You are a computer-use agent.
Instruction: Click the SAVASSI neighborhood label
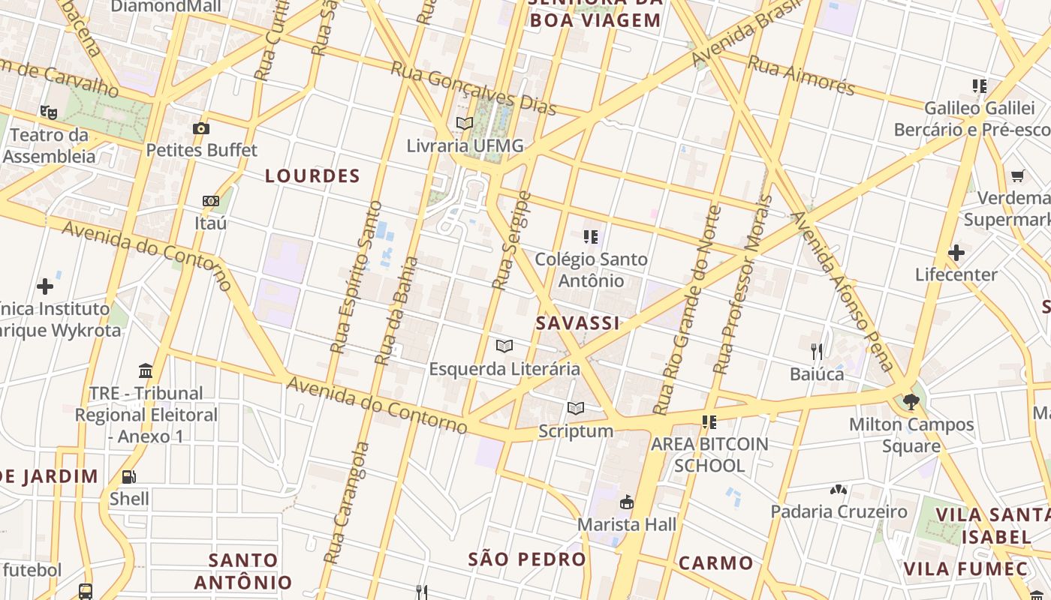pyautogui.click(x=577, y=323)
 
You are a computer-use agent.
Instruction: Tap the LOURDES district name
pyautogui.click(x=312, y=176)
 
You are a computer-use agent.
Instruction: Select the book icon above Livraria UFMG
pyautogui.click(x=465, y=123)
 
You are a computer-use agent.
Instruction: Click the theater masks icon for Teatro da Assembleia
pyautogui.click(x=49, y=112)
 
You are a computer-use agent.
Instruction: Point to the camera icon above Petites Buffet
pyautogui.click(x=200, y=128)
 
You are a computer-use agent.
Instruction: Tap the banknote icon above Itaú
pyautogui.click(x=211, y=201)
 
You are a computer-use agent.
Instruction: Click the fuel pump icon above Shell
pyautogui.click(x=129, y=476)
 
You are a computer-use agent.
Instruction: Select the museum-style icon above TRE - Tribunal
pyautogui.click(x=146, y=370)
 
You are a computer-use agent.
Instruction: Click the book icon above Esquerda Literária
pyautogui.click(x=504, y=346)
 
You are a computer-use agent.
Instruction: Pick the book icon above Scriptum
pyautogui.click(x=576, y=408)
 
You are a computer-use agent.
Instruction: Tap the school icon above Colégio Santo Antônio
pyautogui.click(x=591, y=237)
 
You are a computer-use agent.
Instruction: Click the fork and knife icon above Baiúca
pyautogui.click(x=817, y=351)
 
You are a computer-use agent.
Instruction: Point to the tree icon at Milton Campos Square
pyautogui.click(x=911, y=401)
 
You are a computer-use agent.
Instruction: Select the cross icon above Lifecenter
pyautogui.click(x=956, y=253)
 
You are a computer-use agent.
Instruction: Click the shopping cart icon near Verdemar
pyautogui.click(x=1017, y=176)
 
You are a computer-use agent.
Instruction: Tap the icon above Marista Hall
pyautogui.click(x=626, y=502)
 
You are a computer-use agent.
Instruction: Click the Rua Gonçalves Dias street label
pyautogui.click(x=473, y=88)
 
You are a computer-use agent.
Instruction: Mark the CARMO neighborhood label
pyautogui.click(x=715, y=563)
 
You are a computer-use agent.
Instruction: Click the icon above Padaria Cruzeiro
pyautogui.click(x=839, y=490)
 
